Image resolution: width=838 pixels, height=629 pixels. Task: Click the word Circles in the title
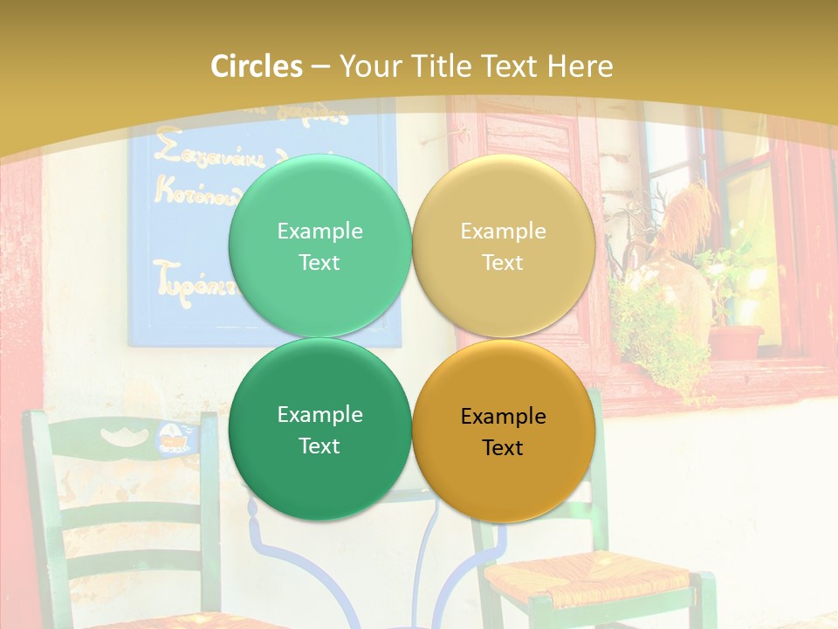click(256, 66)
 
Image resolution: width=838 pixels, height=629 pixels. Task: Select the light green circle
click(319, 245)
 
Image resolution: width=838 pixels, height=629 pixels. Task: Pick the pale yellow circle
click(503, 245)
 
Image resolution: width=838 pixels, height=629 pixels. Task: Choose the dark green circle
click(319, 429)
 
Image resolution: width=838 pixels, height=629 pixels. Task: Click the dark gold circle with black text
click(503, 431)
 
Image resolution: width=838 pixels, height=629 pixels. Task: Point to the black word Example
click(503, 416)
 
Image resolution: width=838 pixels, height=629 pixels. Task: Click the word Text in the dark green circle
click(319, 446)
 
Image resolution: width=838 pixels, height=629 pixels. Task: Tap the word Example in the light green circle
click(319, 231)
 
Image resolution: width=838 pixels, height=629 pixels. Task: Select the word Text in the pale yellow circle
click(503, 262)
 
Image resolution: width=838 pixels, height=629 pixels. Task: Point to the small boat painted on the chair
click(172, 438)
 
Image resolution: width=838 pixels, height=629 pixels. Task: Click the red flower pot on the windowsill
click(735, 341)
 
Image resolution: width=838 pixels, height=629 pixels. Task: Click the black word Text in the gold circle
click(503, 448)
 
